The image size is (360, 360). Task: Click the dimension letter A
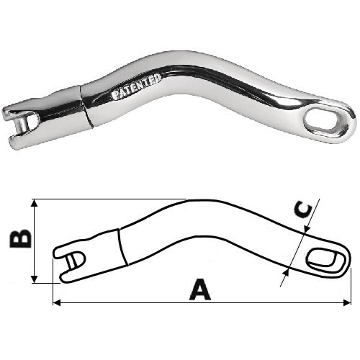point(200,289)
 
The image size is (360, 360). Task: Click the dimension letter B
point(20,239)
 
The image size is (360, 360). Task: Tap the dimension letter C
point(303,211)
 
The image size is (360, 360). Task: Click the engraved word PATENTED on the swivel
point(136,87)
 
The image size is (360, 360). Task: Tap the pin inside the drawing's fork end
point(72,261)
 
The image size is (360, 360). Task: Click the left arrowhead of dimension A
point(56,302)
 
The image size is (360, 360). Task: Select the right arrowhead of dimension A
point(347,302)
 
